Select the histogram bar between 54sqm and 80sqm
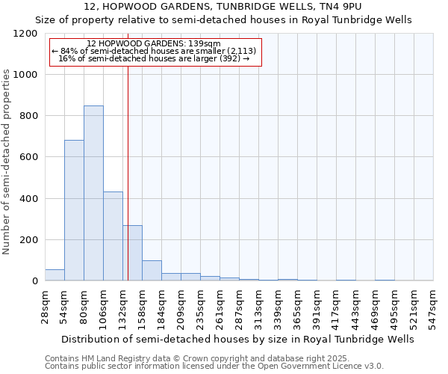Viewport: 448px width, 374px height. [x=74, y=210]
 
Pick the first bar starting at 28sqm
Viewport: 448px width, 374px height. [x=55, y=275]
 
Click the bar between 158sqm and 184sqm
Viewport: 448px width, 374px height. [x=152, y=271]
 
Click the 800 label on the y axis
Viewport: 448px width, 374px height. [x=28, y=116]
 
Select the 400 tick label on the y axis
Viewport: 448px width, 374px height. [x=28, y=199]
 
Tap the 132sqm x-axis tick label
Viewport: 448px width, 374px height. [x=122, y=307]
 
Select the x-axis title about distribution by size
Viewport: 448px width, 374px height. [x=239, y=339]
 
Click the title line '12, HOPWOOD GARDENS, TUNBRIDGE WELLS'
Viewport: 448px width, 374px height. [x=224, y=7]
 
